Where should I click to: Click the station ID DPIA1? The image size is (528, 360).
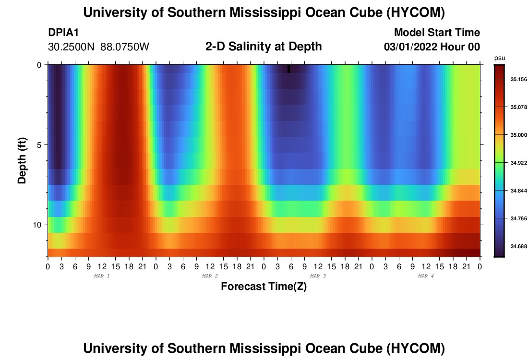[63, 32]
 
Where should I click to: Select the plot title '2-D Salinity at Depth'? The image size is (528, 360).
[264, 47]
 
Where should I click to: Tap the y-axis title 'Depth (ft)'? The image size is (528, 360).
[22, 160]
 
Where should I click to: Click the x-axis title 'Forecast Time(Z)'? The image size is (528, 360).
[264, 286]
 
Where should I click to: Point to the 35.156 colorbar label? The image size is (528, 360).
[518, 79]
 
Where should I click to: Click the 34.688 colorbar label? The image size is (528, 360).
[518, 246]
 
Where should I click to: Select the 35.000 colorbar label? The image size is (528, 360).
[518, 135]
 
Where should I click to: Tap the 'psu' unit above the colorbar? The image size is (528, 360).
[500, 58]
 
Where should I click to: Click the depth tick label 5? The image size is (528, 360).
[39, 145]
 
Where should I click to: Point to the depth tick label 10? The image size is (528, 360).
[36, 225]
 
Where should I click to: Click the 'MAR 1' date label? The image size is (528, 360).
[102, 276]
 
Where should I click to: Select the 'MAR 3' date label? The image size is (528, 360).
[318, 276]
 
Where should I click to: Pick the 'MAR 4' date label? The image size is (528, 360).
[426, 276]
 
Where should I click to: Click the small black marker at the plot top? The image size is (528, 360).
[288, 69]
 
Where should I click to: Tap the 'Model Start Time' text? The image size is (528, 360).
[437, 32]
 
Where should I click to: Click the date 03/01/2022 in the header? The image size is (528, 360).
[410, 47]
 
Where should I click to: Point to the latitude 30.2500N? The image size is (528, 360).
[72, 47]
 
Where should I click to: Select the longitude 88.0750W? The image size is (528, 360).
[125, 47]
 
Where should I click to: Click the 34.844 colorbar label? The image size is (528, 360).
[518, 191]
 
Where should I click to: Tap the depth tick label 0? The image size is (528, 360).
[39, 65]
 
